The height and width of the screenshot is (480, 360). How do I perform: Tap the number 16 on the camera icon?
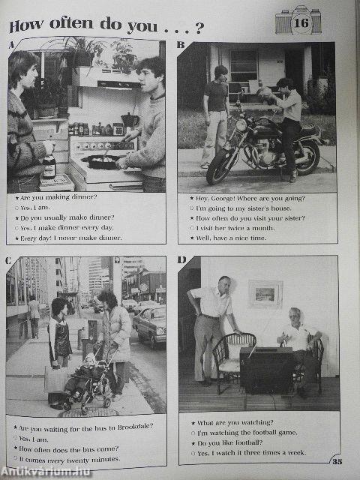click(x=301, y=23)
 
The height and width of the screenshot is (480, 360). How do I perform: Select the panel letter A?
click(x=11, y=46)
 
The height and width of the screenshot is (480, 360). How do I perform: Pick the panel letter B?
click(x=181, y=46)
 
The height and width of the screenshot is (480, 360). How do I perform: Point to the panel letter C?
click(x=8, y=260)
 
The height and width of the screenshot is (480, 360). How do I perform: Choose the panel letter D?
click(x=181, y=260)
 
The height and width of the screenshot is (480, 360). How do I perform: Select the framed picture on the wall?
click(x=265, y=294)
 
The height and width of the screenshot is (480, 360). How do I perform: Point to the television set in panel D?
click(x=266, y=369)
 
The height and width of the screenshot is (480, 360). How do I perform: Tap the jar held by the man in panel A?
click(x=49, y=166)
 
